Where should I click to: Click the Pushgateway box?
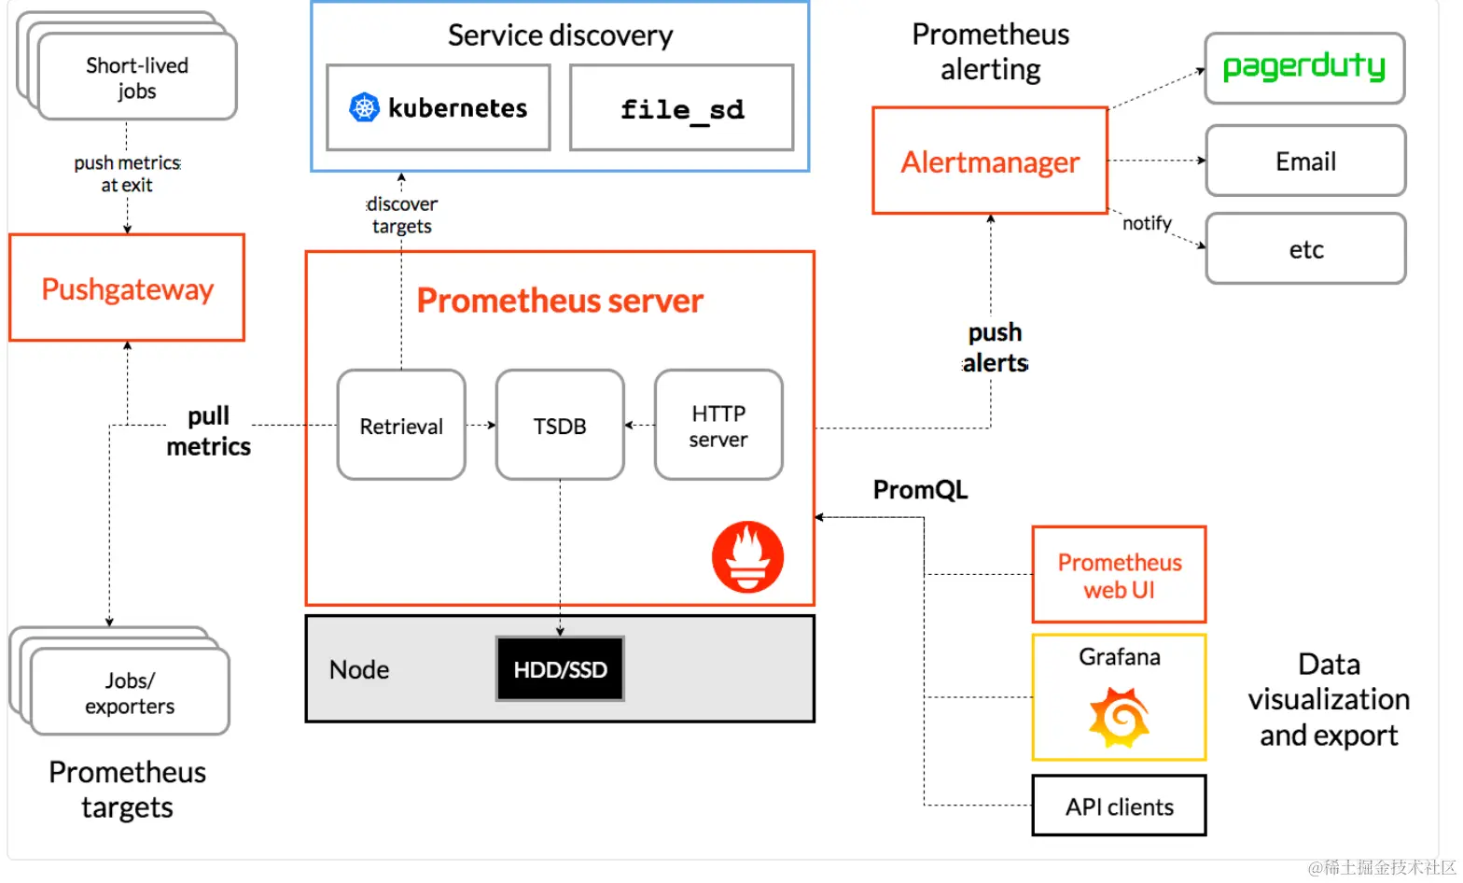pos(127,288)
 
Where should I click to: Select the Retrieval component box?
pos(401,426)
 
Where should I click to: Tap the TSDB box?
pos(560,426)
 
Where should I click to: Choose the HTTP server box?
pos(718,426)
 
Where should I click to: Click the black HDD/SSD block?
pos(560,669)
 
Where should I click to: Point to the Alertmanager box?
pos(990,161)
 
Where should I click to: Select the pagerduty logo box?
pos(1304,68)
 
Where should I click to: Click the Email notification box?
pos(1305,161)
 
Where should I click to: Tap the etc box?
pos(1305,249)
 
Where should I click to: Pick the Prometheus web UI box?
pos(1119,575)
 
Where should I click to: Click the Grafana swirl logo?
pos(1119,717)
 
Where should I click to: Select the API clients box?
pos(1119,806)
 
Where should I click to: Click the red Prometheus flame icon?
pos(747,557)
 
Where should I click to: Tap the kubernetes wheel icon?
pos(364,108)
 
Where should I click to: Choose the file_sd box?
pos(682,108)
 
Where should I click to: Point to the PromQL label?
pos(920,490)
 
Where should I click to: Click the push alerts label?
pos(995,348)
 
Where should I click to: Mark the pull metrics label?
pos(208,431)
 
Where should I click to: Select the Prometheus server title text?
pos(560,301)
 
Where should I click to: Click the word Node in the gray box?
pos(359,669)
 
